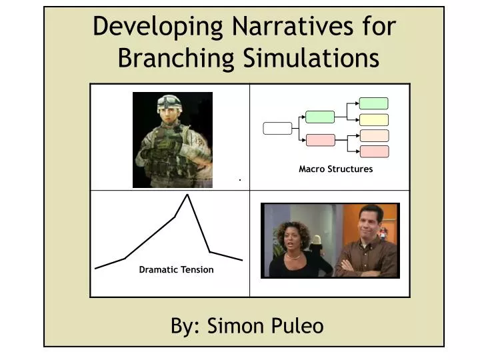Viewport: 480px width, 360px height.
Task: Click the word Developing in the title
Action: coord(159,27)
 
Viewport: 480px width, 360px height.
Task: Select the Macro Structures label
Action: coord(335,169)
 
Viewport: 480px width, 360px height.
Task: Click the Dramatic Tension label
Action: coord(176,270)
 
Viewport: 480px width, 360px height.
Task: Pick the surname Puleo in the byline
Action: coord(297,326)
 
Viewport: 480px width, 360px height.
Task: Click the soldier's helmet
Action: coord(170,102)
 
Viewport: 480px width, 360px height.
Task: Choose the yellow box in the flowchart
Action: coord(373,120)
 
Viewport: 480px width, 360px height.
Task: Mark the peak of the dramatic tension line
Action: coord(187,195)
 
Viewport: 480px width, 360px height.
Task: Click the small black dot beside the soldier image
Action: coord(239,180)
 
